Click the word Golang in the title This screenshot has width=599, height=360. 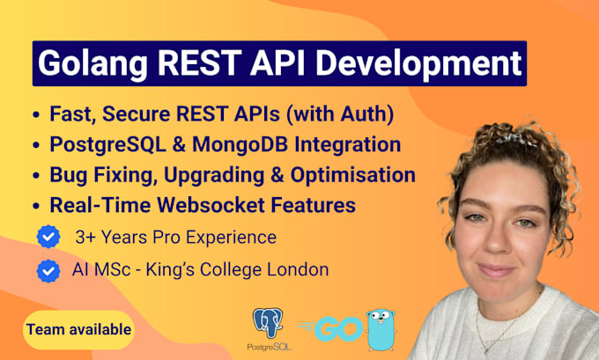[x=92, y=63]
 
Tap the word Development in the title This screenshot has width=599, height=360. [x=418, y=63]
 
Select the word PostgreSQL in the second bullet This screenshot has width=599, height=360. [x=108, y=144]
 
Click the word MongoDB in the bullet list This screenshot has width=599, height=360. [x=240, y=144]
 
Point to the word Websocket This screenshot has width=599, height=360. [x=211, y=205]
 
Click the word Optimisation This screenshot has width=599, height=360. [x=353, y=175]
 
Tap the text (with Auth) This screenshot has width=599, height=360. [x=340, y=114]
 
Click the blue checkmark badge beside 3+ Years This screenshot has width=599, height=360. [x=48, y=237]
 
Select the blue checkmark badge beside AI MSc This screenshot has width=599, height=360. [x=48, y=271]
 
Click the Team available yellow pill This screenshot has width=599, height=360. [x=78, y=330]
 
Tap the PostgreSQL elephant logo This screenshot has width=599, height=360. [x=269, y=323]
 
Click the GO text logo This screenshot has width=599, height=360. [x=331, y=328]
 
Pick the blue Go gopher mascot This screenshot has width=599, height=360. [x=381, y=330]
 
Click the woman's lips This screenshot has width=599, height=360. [x=495, y=270]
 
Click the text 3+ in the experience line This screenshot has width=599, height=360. [x=84, y=238]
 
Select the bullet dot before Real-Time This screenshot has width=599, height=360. [x=36, y=206]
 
